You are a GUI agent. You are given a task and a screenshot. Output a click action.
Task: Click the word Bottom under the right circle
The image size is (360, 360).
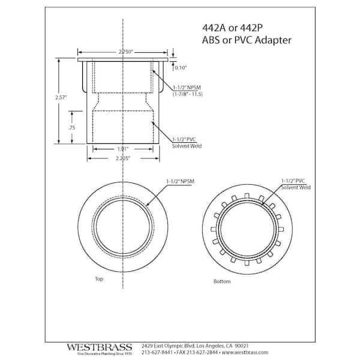tap(222, 281)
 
